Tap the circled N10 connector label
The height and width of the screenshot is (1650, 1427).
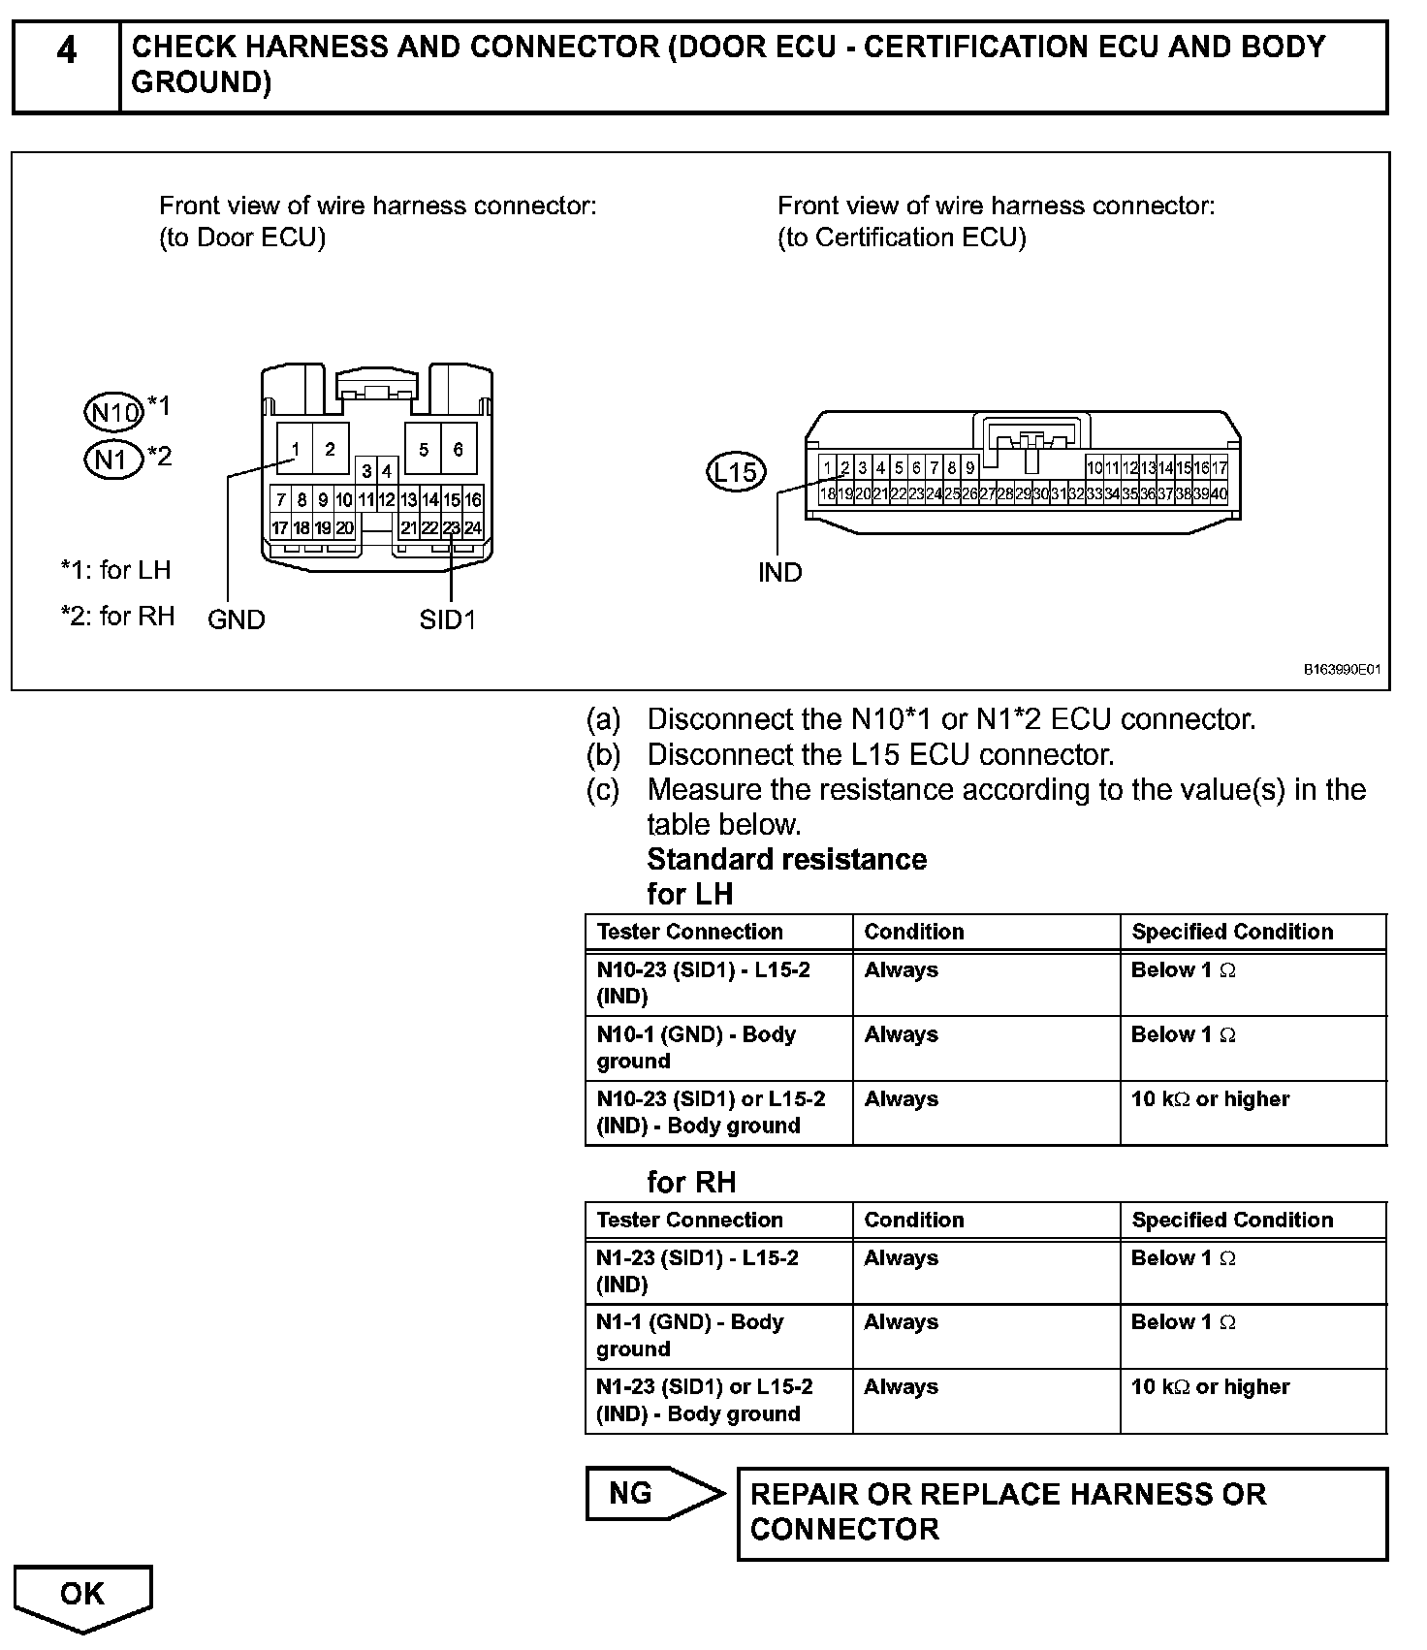click(114, 412)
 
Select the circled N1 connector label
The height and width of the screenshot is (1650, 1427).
click(113, 459)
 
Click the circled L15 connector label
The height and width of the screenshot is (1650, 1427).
click(736, 472)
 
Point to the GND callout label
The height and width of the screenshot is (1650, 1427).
click(236, 619)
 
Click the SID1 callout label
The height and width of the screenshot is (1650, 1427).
click(448, 619)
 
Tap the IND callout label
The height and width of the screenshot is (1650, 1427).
click(779, 573)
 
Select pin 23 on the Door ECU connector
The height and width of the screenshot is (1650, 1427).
click(452, 528)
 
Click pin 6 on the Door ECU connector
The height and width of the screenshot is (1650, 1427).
click(459, 449)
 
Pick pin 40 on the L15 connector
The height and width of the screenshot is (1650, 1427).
click(1219, 493)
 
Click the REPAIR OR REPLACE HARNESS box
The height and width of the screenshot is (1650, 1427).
click(1062, 1512)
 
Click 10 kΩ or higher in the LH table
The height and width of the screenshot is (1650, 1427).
click(1210, 1099)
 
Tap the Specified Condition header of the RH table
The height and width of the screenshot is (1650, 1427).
click(1232, 1220)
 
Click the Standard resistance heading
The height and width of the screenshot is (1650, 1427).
click(786, 859)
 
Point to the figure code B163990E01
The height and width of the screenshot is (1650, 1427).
click(1342, 670)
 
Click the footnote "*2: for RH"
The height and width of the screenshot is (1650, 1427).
click(117, 616)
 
